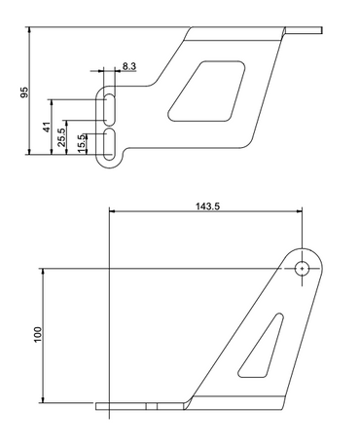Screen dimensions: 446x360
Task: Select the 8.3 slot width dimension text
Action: click(x=129, y=66)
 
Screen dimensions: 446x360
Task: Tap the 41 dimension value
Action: click(x=46, y=127)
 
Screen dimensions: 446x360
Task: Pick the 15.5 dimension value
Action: click(x=82, y=143)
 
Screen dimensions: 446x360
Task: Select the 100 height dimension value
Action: click(x=37, y=334)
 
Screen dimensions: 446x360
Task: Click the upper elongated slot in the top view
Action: click(x=110, y=107)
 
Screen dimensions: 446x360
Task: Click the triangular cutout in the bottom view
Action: click(x=262, y=346)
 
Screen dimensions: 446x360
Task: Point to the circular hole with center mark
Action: click(x=303, y=267)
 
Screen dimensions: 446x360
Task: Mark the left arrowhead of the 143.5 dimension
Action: click(x=113, y=211)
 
